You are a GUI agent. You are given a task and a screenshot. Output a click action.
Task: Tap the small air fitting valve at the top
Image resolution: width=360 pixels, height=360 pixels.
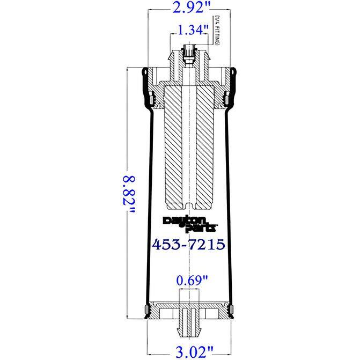point(188,54)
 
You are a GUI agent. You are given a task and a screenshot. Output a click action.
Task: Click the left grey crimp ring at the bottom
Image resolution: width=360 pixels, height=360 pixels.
point(146,310)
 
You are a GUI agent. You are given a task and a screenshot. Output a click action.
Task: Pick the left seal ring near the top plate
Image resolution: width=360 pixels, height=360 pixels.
point(151,100)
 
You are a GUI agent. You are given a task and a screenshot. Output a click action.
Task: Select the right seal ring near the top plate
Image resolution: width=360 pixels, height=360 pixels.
point(226,100)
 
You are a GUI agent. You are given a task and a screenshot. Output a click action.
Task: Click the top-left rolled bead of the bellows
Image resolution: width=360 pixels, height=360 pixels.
point(144,73)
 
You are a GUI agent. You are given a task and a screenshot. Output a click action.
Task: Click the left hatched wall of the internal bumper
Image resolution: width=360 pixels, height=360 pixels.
point(172,145)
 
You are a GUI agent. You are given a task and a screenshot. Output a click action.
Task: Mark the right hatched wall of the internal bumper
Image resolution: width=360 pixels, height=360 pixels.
point(206,145)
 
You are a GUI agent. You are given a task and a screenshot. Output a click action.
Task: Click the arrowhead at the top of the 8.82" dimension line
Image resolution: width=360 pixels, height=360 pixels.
point(127,69)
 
